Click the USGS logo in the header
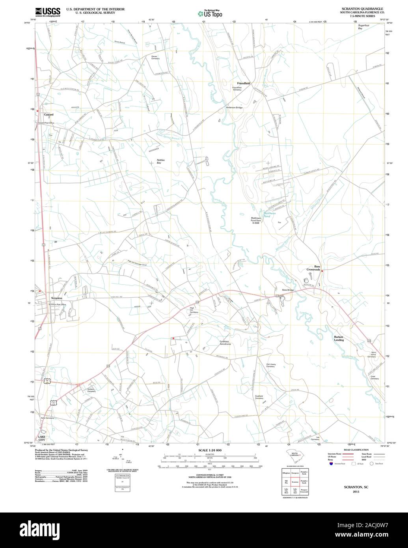pos(47,11)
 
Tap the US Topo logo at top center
pos(210,13)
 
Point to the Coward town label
pos(48,115)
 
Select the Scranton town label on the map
pos(56,298)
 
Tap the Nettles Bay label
pos(160,161)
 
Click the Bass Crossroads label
pos(314,268)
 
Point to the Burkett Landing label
pos(339,338)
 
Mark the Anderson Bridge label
pos(234,108)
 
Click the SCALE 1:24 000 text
pos(210,450)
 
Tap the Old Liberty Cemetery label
pos(270,365)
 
